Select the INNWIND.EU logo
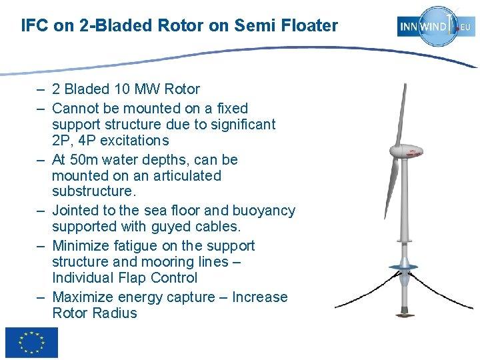coord(437,27)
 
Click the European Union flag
coord(31,343)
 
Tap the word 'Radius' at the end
coord(114,313)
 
